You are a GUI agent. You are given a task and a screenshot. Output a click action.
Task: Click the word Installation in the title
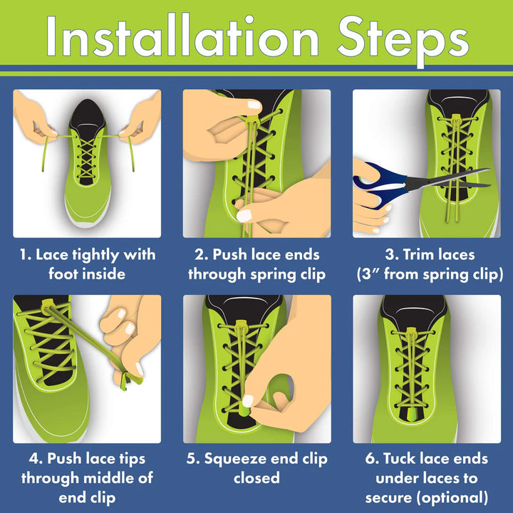click(182, 36)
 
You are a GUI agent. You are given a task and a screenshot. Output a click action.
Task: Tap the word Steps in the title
click(403, 40)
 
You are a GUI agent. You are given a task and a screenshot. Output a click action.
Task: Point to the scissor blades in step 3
click(448, 179)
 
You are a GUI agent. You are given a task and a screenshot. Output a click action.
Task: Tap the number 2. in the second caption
click(201, 254)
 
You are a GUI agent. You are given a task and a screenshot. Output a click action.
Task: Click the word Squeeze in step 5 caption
click(235, 460)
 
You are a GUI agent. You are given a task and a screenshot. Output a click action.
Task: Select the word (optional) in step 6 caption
click(452, 498)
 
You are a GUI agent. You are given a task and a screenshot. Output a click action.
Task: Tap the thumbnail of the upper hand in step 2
click(254, 105)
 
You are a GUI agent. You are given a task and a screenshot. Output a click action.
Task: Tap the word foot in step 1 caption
click(61, 274)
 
